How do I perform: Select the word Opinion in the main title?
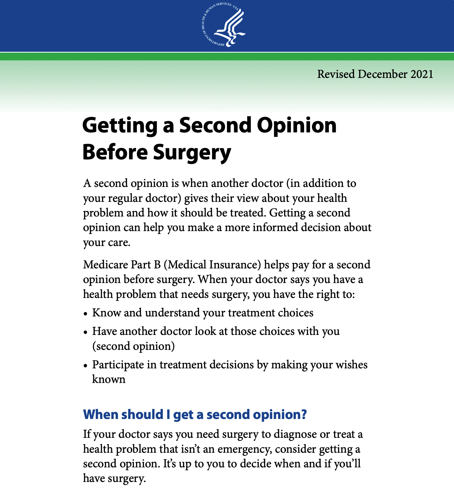[297, 125]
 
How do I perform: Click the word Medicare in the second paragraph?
[105, 265]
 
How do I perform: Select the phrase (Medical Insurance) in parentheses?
[212, 265]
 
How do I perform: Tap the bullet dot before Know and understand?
[85, 314]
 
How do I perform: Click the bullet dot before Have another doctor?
[85, 332]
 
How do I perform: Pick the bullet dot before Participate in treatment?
[85, 366]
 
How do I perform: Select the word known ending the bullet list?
[109, 379]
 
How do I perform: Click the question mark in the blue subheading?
[304, 415]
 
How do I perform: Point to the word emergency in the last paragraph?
[245, 449]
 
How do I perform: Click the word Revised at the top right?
[336, 74]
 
